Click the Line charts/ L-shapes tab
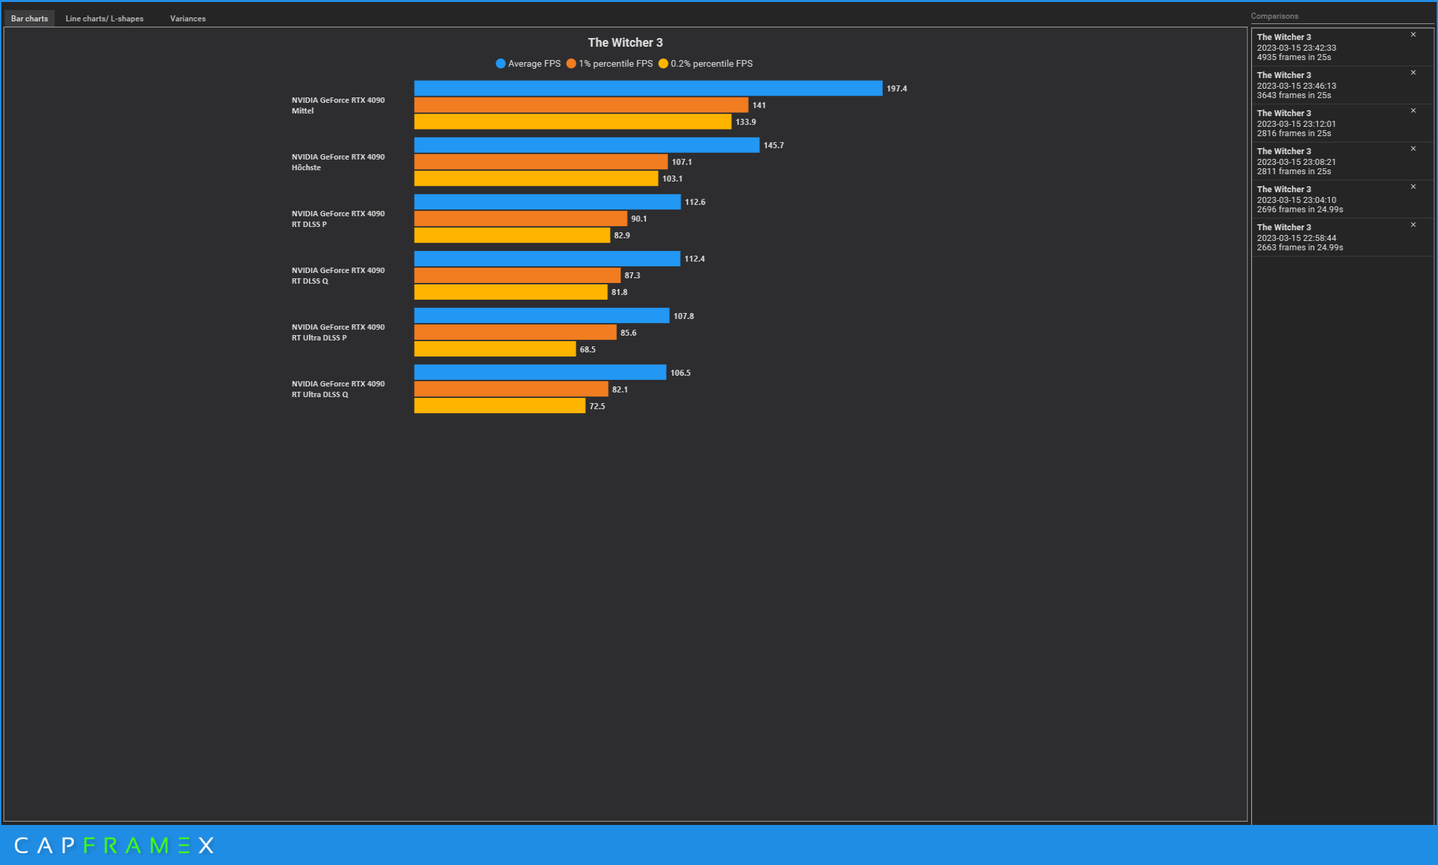(x=104, y=19)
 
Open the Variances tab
(x=188, y=19)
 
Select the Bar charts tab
(x=29, y=19)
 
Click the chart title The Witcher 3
(x=625, y=43)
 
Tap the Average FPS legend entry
(x=528, y=64)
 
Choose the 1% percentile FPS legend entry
(x=609, y=64)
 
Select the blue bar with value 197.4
(x=647, y=88)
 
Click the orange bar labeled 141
(x=581, y=105)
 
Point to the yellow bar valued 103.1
(x=536, y=179)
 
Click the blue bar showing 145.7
(x=586, y=145)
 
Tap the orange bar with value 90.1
(x=520, y=219)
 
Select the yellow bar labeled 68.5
(x=494, y=349)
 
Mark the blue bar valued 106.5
(x=540, y=372)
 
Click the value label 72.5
(x=597, y=406)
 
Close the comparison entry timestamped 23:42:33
(x=1413, y=35)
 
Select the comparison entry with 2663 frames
(x=1328, y=238)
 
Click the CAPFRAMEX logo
(x=114, y=846)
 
